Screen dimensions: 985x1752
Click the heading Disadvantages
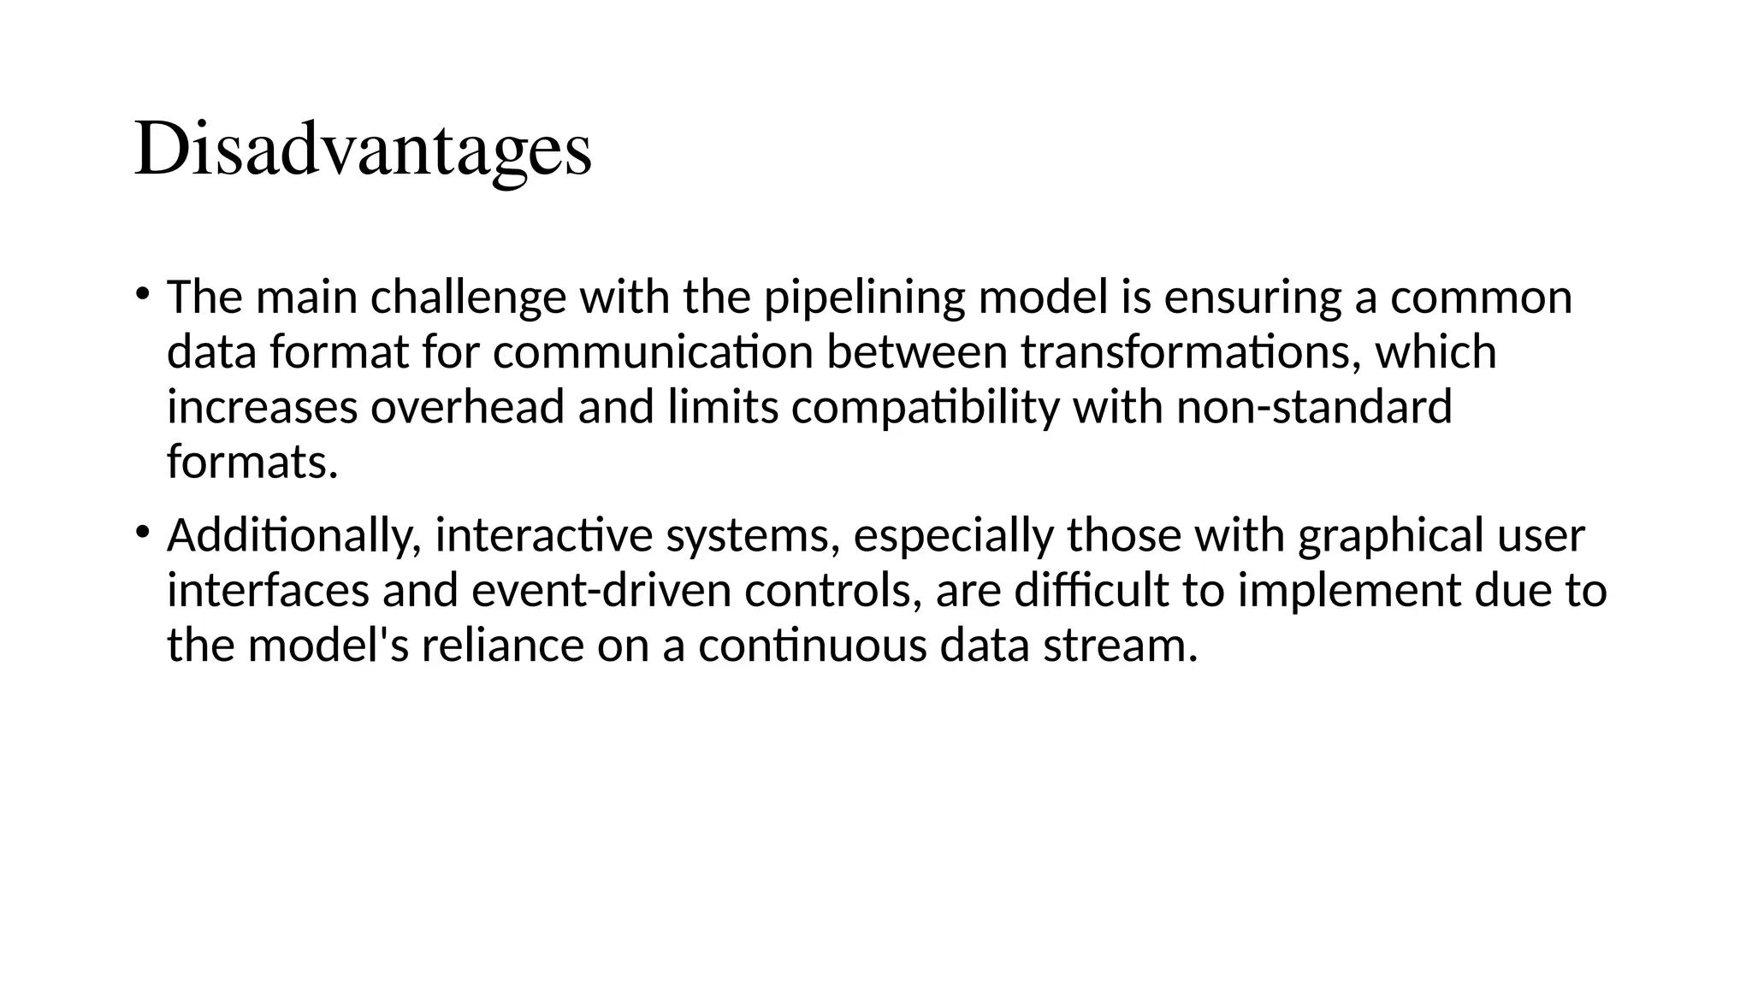(x=363, y=150)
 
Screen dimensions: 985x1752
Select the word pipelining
(x=864, y=298)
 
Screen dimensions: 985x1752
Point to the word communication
(x=653, y=352)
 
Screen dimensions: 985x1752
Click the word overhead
(x=468, y=407)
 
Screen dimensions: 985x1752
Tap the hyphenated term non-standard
(x=1314, y=407)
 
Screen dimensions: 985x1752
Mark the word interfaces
(x=269, y=591)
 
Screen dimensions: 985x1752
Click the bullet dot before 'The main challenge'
(x=142, y=294)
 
